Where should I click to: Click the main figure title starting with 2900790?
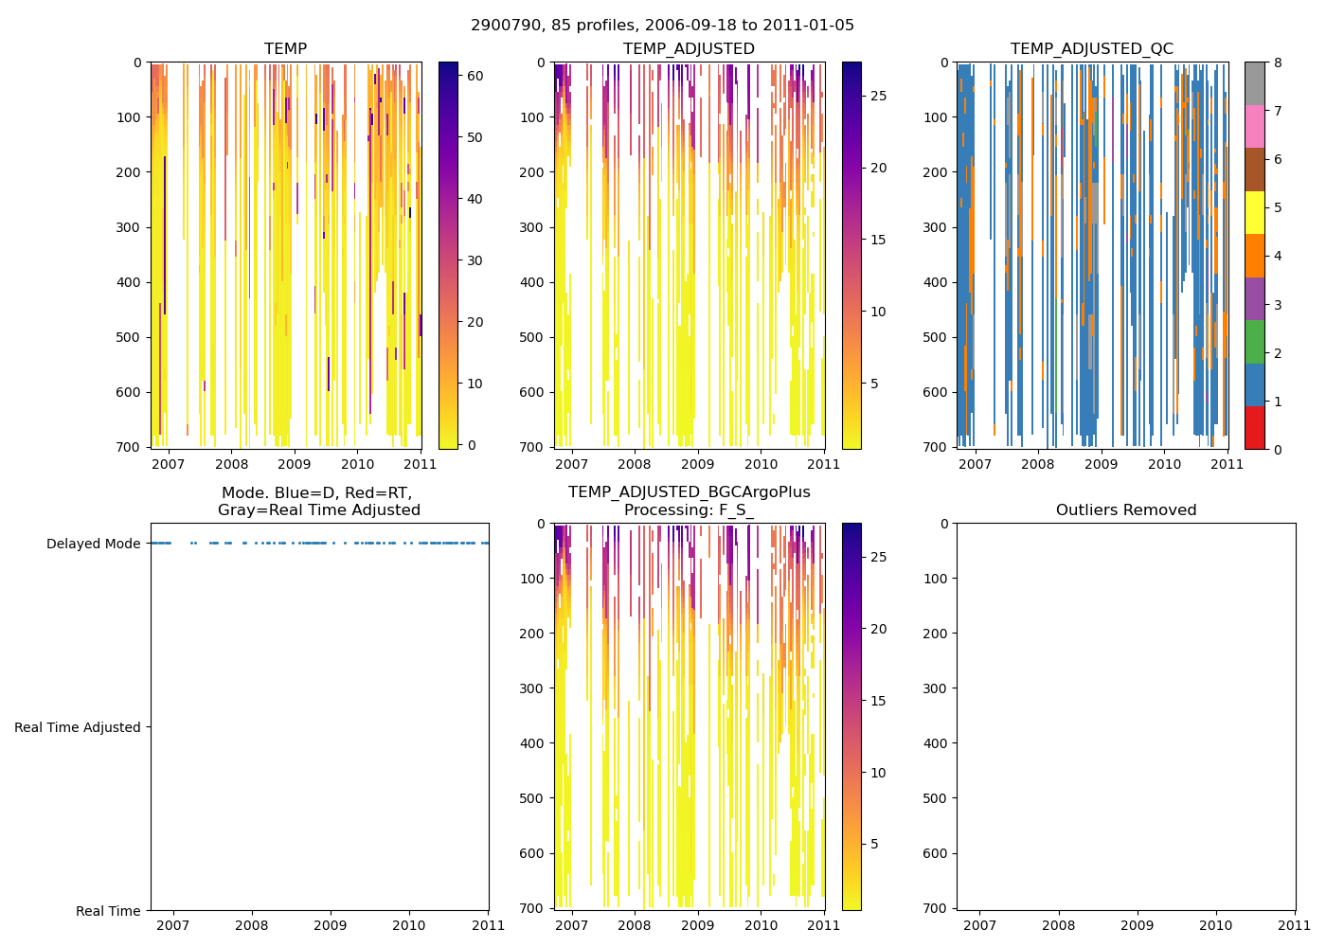(x=662, y=26)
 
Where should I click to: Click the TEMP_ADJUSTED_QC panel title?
(x=1091, y=49)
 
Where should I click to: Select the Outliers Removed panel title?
(x=1126, y=510)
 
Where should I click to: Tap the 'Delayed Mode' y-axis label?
(x=93, y=544)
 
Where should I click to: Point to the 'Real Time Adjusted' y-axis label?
(x=78, y=727)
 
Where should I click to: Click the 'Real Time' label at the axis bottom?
(x=108, y=911)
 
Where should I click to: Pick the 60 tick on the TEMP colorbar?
(x=475, y=76)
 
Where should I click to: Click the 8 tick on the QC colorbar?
(x=1278, y=63)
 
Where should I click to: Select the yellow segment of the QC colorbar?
(x=1254, y=212)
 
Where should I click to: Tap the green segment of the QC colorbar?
(x=1254, y=342)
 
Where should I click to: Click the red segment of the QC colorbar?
(x=1254, y=428)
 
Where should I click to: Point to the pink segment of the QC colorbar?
(x=1254, y=126)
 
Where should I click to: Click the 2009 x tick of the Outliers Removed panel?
(x=1138, y=925)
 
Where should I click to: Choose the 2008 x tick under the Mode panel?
(x=251, y=925)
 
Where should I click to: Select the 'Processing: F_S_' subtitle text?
(x=689, y=510)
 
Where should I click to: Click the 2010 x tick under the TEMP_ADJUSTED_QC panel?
(x=1164, y=464)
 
